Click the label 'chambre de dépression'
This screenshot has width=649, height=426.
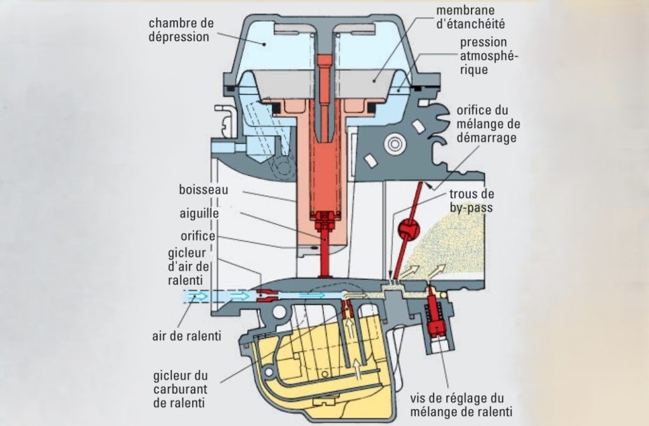[181, 30]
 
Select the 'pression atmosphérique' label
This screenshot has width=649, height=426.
[484, 56]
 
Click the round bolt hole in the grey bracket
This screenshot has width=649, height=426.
[396, 144]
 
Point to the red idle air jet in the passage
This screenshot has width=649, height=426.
[266, 294]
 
